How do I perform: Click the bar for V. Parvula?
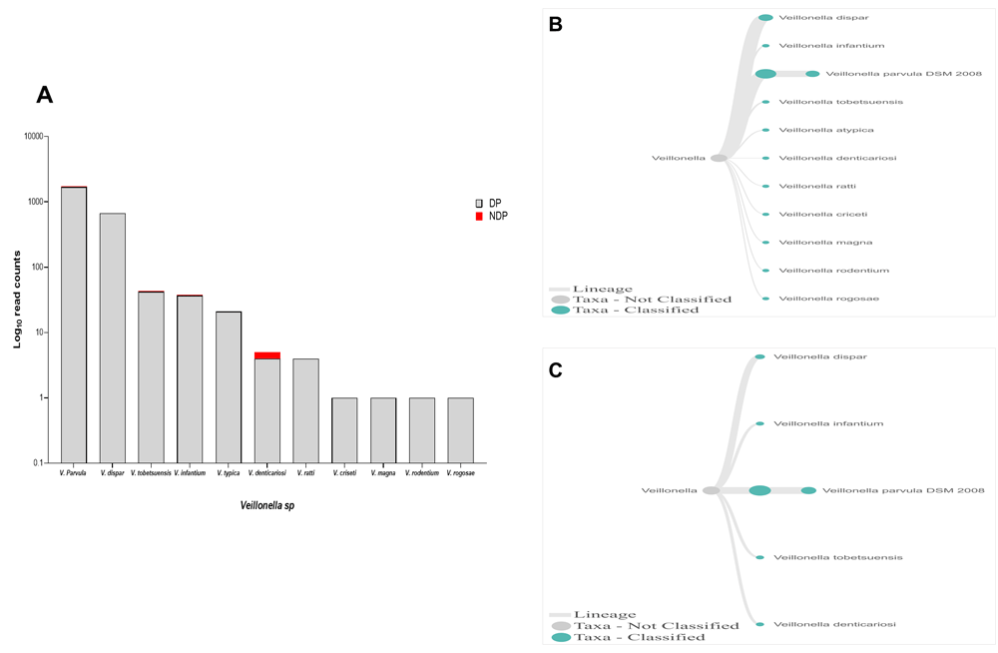point(74,325)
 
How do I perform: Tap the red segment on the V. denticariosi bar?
point(267,355)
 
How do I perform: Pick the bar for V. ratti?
point(305,410)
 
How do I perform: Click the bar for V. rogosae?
point(460,430)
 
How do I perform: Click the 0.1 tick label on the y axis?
point(37,463)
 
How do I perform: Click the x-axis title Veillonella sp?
point(266,505)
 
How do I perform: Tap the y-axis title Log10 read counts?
point(17,300)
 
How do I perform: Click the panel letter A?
point(44,95)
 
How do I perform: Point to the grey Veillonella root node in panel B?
point(719,158)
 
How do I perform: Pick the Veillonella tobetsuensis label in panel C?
point(837,557)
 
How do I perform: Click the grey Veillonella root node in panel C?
point(711,490)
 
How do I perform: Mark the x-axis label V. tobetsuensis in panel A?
point(151,473)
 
